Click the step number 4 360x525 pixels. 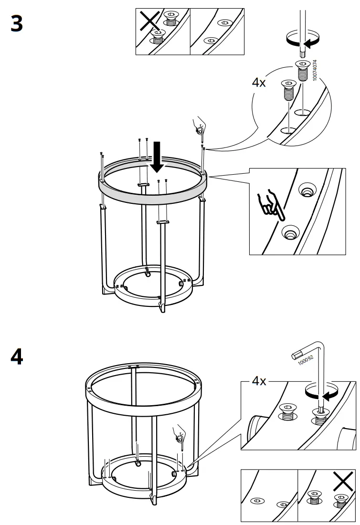click(x=16, y=357)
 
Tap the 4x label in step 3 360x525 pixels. click(x=259, y=83)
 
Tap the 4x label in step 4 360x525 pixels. click(x=259, y=382)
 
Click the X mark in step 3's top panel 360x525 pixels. click(x=149, y=22)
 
